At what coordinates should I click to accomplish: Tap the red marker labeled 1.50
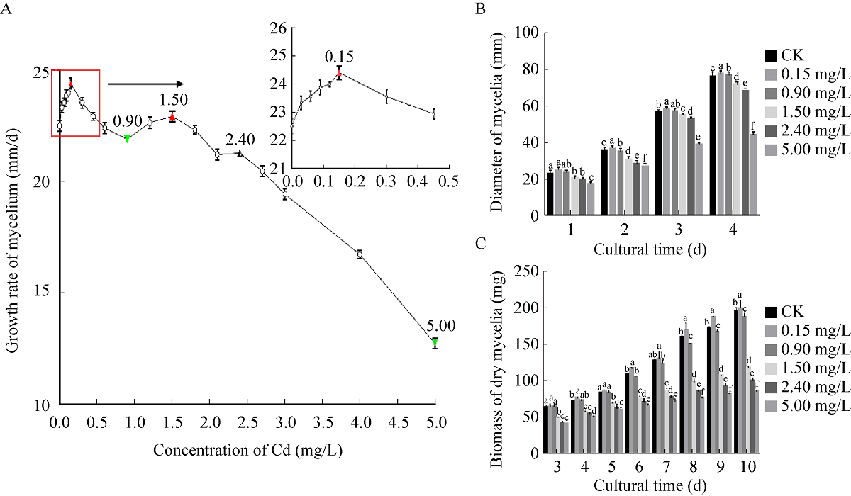coord(172,118)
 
